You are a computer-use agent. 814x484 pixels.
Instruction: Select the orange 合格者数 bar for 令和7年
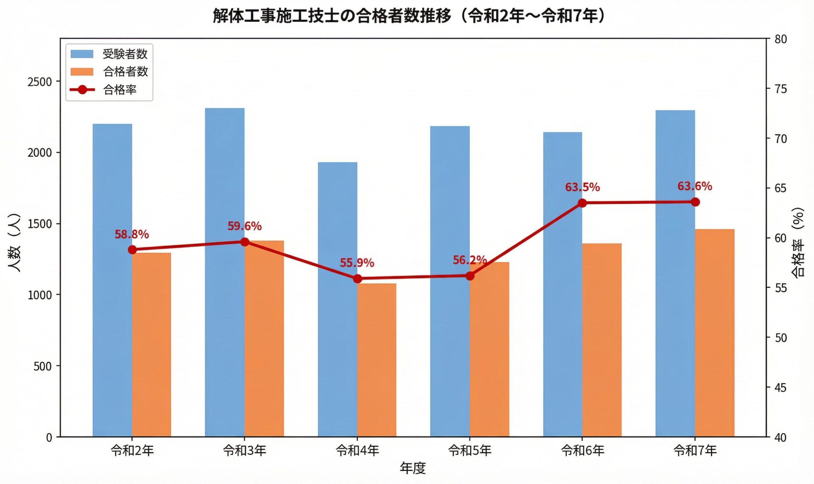click(x=714, y=333)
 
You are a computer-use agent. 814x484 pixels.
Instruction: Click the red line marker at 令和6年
click(x=582, y=203)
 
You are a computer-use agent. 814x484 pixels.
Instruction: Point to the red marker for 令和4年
click(x=357, y=279)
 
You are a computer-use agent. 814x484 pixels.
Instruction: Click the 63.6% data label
click(x=694, y=186)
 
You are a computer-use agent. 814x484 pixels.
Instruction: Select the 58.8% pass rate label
click(x=132, y=234)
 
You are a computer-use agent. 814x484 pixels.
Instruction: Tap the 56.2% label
click(x=470, y=260)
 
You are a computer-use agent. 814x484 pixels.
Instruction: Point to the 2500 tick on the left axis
click(x=39, y=82)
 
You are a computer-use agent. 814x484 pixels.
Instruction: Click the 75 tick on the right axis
click(x=780, y=89)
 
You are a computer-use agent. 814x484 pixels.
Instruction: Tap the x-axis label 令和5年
click(x=470, y=450)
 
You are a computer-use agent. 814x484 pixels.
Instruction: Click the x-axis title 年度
click(x=413, y=468)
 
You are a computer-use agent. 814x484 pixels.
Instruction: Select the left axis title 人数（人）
click(x=14, y=243)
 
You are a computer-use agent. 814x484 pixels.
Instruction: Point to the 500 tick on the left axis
click(x=42, y=366)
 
